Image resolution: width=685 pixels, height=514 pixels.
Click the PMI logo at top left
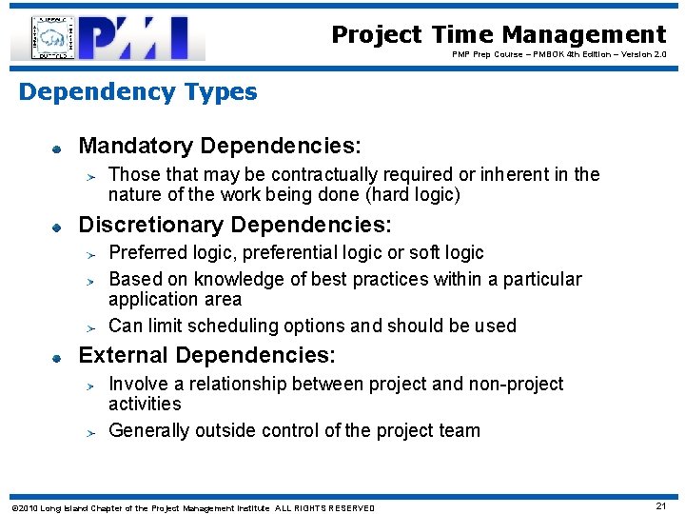point(108,38)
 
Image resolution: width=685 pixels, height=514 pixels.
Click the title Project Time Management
point(499,35)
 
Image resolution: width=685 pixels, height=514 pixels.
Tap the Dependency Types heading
point(138,92)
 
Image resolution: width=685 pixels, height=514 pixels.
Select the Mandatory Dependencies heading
point(220,146)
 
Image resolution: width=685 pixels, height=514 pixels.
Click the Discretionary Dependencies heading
point(235,225)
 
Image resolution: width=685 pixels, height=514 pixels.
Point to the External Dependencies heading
point(206,356)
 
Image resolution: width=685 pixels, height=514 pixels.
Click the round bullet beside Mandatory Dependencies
point(57,148)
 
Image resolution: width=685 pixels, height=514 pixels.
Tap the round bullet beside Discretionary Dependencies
point(57,227)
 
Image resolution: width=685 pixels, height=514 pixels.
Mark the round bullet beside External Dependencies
point(57,358)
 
